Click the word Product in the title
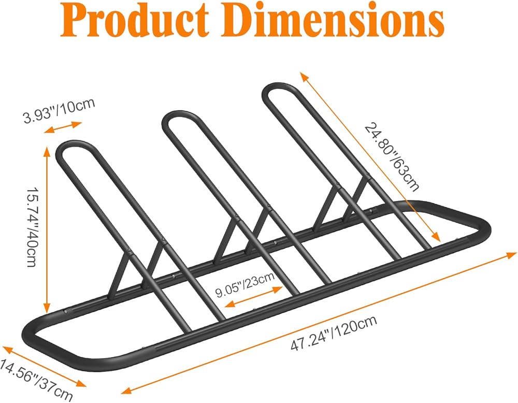coord(133,21)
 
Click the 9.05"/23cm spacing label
coord(245,286)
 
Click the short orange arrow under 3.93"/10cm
coord(63,127)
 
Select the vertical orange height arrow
coord(48,227)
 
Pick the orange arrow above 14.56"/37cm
coord(44,366)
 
